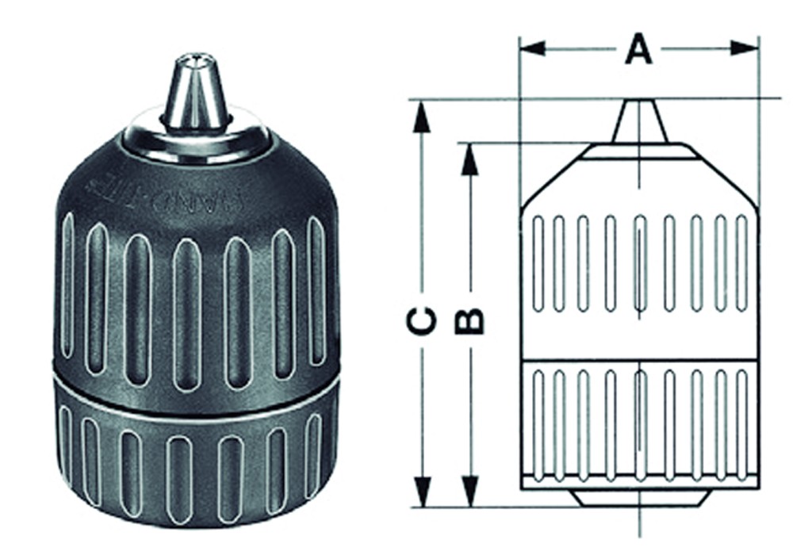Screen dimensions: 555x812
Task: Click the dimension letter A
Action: [x=638, y=49]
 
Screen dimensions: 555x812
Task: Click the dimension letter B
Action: [x=470, y=321]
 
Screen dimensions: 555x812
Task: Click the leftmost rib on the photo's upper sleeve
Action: [x=67, y=285]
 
